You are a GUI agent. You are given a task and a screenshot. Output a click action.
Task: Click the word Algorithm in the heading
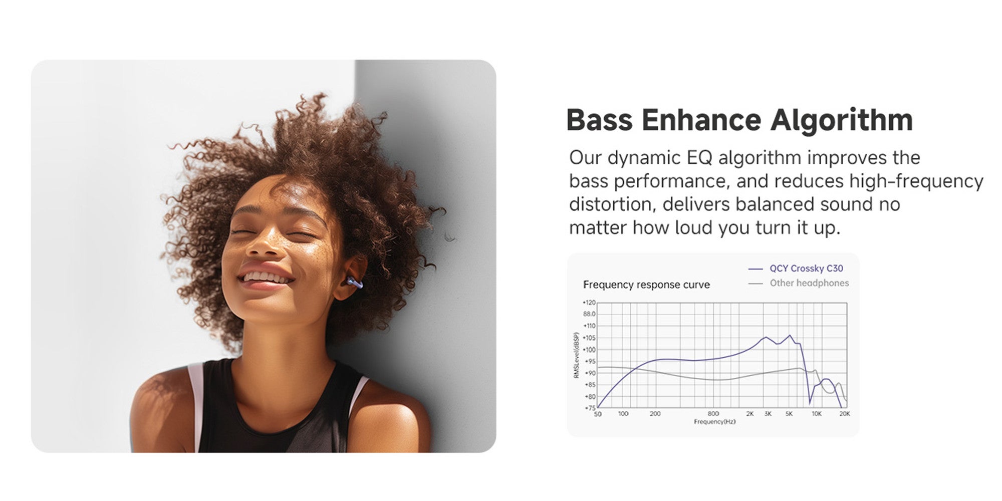pyautogui.click(x=842, y=121)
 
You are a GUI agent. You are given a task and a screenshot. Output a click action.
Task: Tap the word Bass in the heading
pyautogui.click(x=600, y=120)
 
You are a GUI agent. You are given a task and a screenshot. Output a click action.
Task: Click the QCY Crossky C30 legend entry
pyautogui.click(x=796, y=269)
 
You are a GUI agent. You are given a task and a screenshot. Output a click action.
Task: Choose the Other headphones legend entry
pyautogui.click(x=799, y=283)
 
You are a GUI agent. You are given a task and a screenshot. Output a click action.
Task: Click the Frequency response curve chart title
pyautogui.click(x=646, y=285)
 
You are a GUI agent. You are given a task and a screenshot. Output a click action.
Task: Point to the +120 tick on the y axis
pyautogui.click(x=589, y=303)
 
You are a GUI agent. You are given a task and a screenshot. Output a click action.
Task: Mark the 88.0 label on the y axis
pyautogui.click(x=589, y=314)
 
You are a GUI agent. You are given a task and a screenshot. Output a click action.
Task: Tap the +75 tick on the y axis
pyautogui.click(x=589, y=408)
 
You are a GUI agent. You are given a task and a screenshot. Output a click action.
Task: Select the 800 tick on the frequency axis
pyautogui.click(x=713, y=414)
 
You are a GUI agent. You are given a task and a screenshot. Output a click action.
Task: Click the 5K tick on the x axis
pyautogui.click(x=789, y=414)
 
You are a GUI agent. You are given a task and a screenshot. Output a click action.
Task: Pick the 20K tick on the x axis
pyautogui.click(x=845, y=414)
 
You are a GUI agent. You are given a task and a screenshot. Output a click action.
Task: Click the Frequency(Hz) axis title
pyautogui.click(x=715, y=422)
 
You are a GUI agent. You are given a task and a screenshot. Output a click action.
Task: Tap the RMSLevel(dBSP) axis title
pyautogui.click(x=576, y=355)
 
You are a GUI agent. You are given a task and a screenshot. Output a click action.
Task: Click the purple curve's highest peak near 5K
pyautogui.click(x=790, y=336)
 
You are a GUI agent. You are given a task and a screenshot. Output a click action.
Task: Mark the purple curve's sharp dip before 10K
pyautogui.click(x=810, y=403)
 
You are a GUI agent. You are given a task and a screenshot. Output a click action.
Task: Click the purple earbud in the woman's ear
pyautogui.click(x=354, y=283)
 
